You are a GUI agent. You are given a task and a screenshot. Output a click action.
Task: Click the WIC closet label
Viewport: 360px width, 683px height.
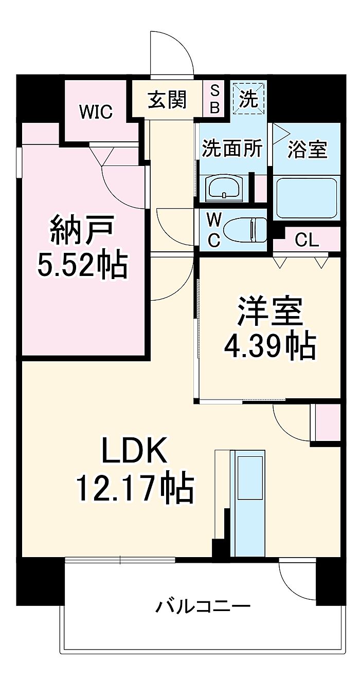click(96, 112)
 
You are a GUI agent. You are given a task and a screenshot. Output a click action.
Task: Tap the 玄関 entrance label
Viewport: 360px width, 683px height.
click(167, 99)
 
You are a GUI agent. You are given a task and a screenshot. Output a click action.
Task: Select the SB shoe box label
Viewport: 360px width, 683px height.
click(215, 99)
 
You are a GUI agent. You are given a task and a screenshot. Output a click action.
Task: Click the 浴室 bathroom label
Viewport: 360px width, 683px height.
click(308, 150)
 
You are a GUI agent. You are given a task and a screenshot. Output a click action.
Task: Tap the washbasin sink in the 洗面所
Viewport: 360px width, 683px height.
click(224, 187)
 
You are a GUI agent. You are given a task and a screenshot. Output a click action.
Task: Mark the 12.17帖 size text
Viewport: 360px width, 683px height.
click(135, 488)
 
